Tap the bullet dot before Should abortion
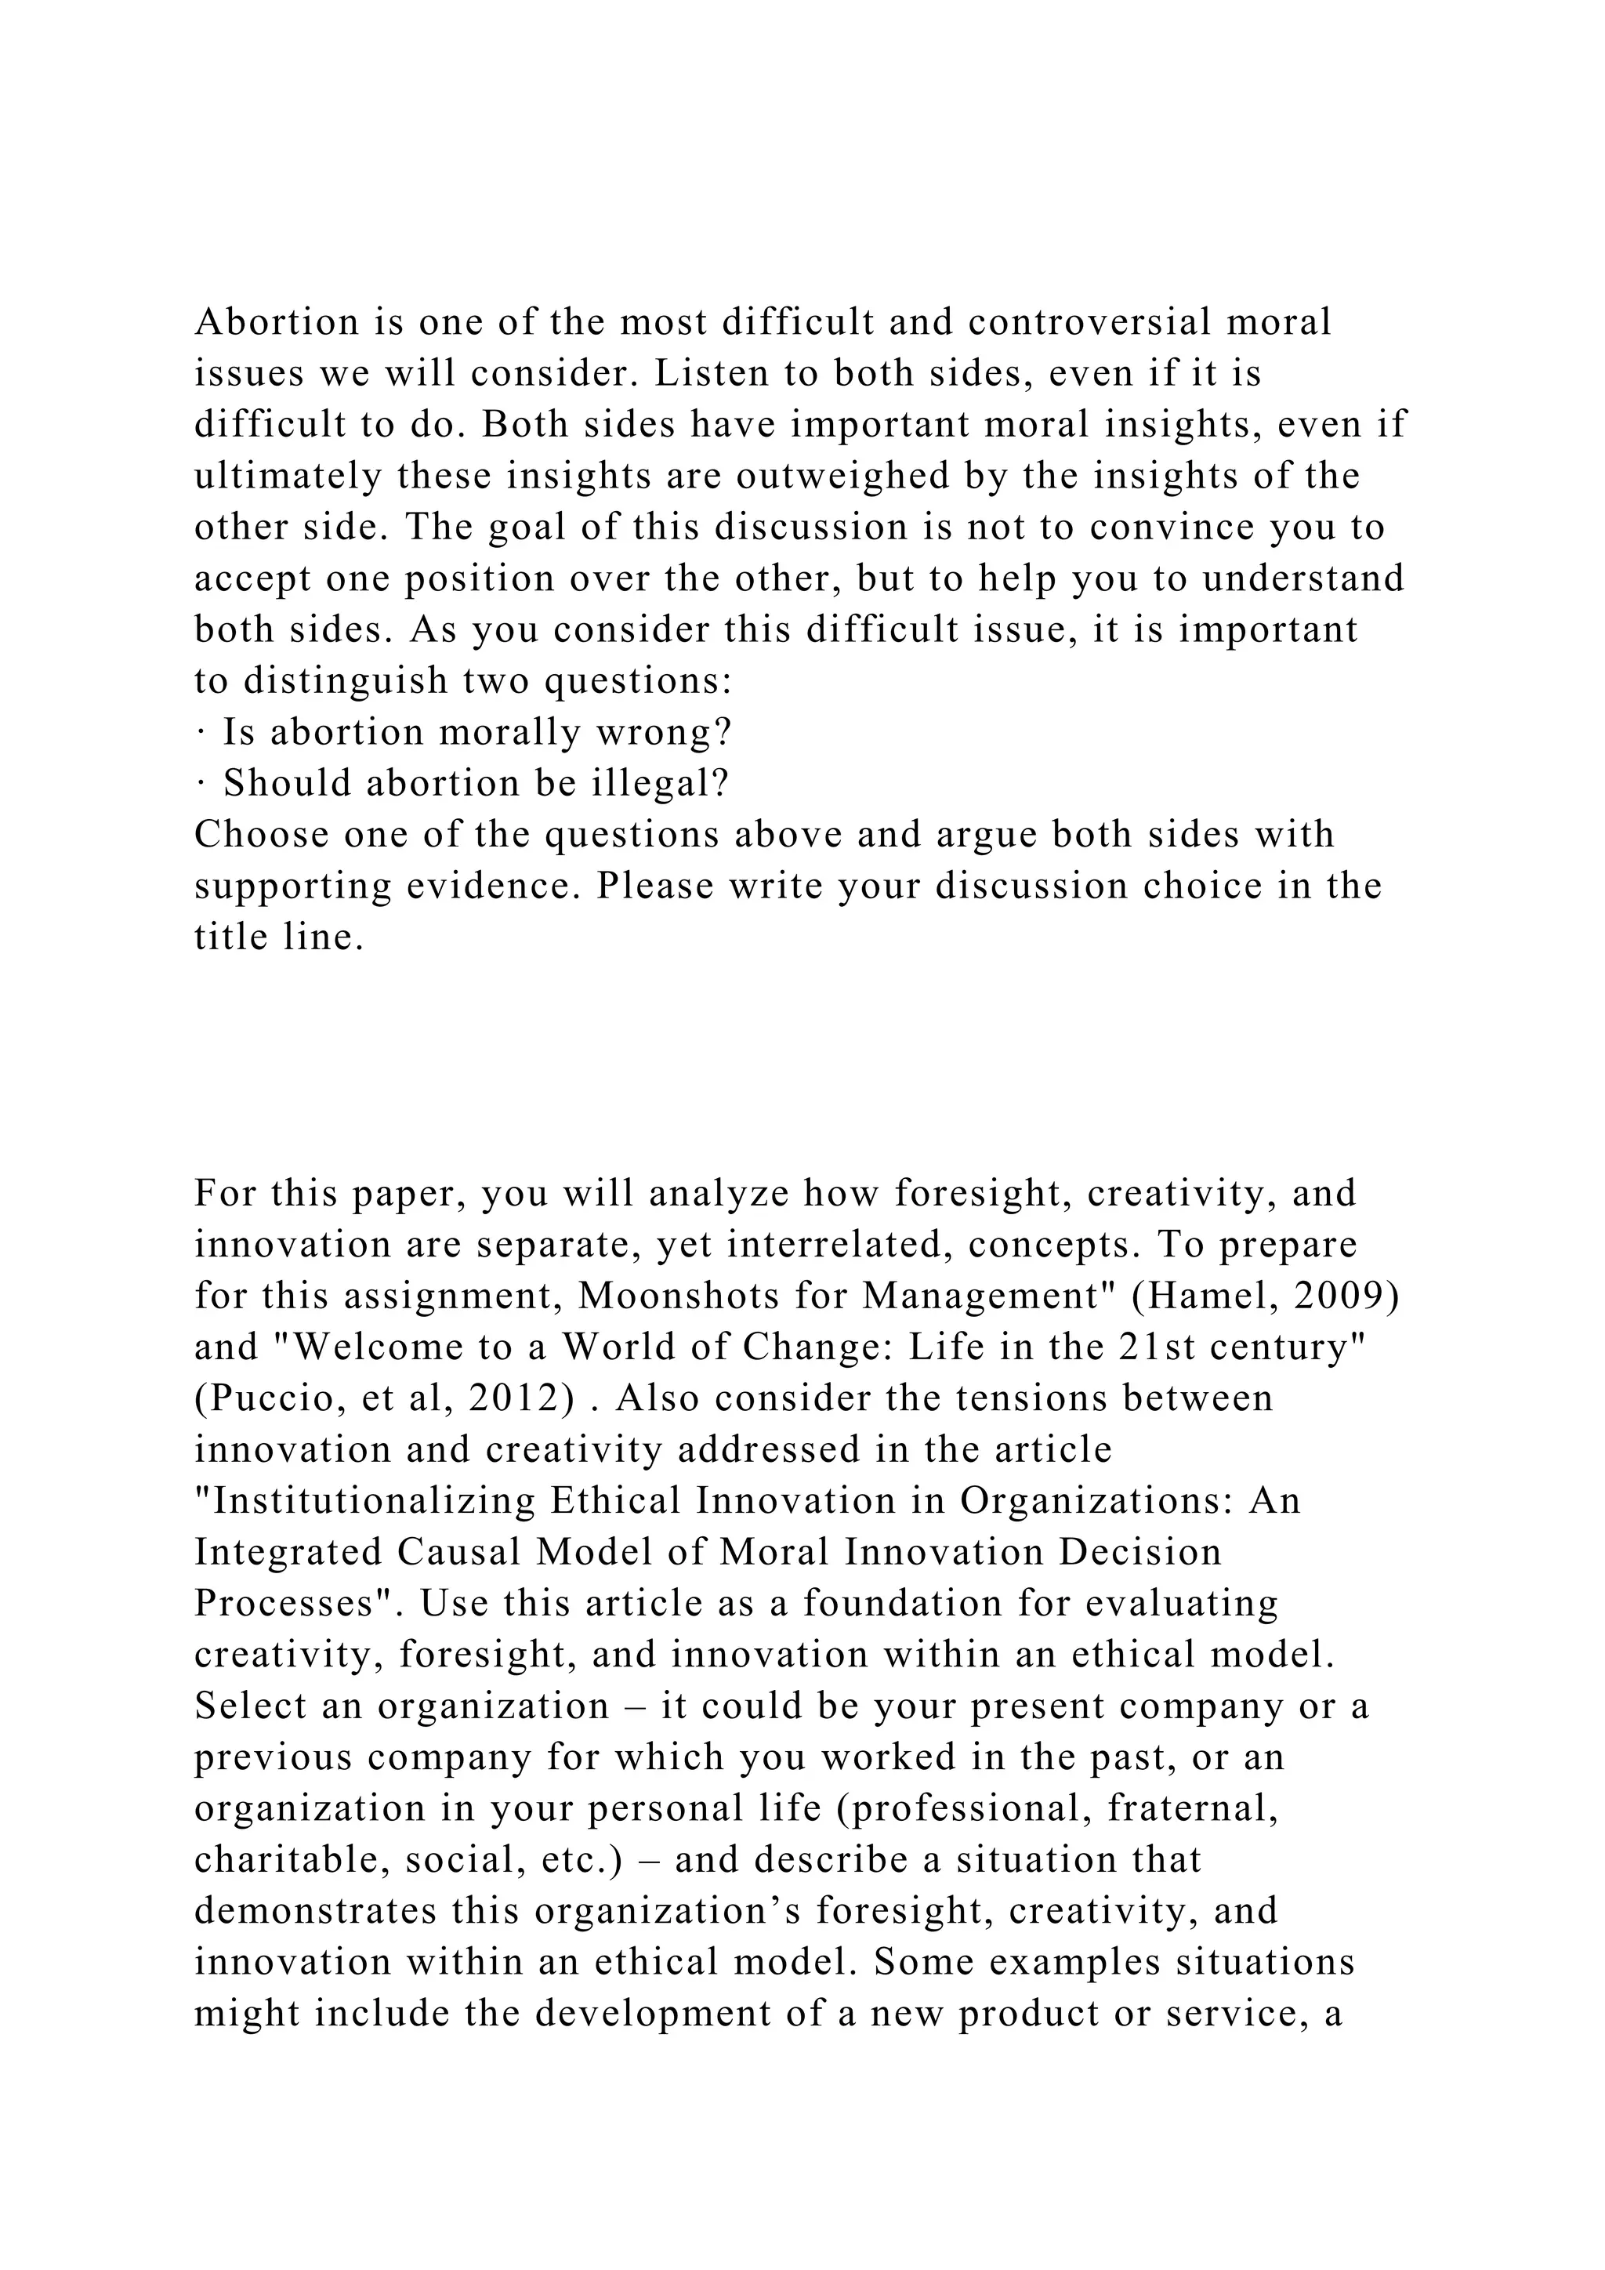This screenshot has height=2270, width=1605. click(x=200, y=785)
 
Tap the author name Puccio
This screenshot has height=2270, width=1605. click(x=254, y=1399)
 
